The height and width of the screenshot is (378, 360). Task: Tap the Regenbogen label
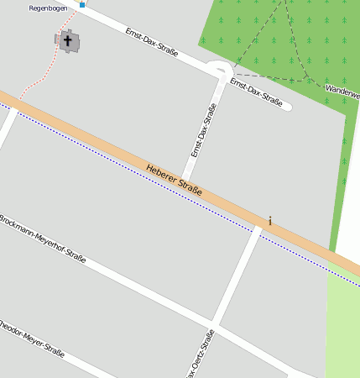pyautogui.click(x=47, y=8)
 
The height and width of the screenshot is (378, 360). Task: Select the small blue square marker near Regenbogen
pyautogui.click(x=82, y=5)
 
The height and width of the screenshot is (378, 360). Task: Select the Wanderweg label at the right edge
pyautogui.click(x=342, y=88)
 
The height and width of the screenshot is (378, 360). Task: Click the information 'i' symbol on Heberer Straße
pyautogui.click(x=269, y=221)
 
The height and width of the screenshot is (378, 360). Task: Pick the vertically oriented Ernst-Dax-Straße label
pyautogui.click(x=204, y=130)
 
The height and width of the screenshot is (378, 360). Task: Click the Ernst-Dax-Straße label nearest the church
pyautogui.click(x=152, y=41)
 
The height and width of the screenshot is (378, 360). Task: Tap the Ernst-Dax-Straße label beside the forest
pyautogui.click(x=257, y=92)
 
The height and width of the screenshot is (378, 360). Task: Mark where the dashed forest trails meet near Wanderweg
pyautogui.click(x=307, y=79)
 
